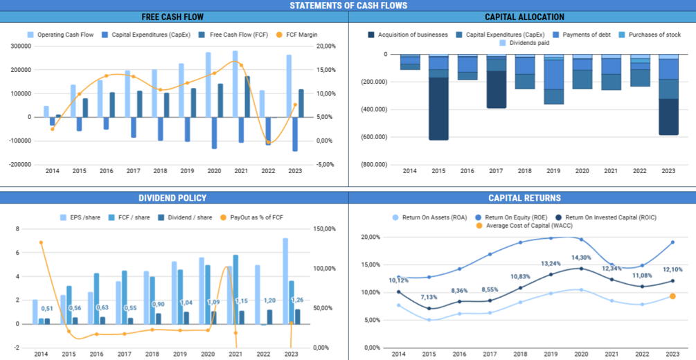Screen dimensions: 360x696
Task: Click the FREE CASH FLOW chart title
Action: tap(172, 17)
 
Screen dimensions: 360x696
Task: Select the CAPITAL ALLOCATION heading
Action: tap(524, 17)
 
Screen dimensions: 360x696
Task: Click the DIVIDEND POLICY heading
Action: tap(174, 198)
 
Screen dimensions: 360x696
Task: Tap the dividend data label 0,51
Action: tap(47, 309)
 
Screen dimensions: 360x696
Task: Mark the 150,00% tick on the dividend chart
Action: tap(325, 229)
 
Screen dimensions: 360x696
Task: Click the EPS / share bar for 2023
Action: tap(285, 280)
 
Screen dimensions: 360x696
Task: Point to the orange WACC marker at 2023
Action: tap(672, 296)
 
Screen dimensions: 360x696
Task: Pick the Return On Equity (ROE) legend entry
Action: tap(512, 217)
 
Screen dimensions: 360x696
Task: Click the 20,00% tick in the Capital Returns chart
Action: tap(372, 237)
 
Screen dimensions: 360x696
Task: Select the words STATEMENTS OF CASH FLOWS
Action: tap(348, 6)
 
